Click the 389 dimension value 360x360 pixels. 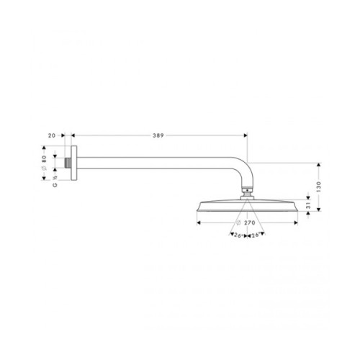click(x=158, y=135)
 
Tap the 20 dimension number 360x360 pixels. click(x=52, y=135)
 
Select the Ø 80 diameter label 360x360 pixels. click(x=44, y=163)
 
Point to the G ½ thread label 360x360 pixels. click(x=55, y=181)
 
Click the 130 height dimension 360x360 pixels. click(x=318, y=186)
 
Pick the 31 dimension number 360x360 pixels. click(x=308, y=205)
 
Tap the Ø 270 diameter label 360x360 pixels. click(x=246, y=223)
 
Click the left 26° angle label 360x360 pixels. click(x=238, y=235)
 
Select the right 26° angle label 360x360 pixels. click(x=256, y=235)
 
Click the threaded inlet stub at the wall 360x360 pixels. click(x=68, y=163)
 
